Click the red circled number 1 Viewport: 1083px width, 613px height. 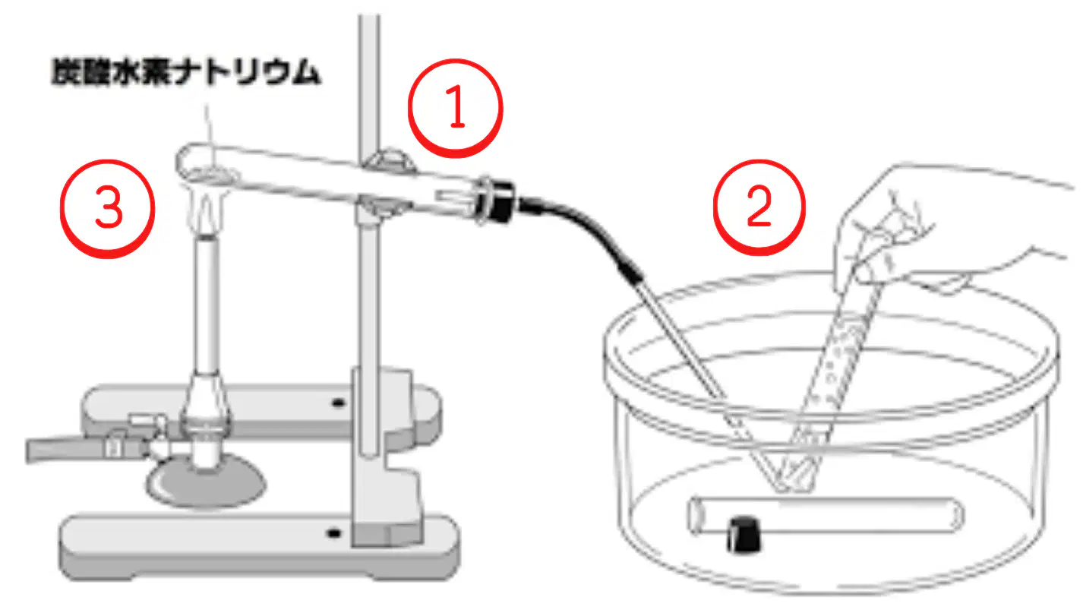click(456, 108)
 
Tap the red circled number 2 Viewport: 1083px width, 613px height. click(759, 207)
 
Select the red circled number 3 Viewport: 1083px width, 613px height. click(107, 208)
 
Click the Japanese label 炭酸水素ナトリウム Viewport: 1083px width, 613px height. click(185, 72)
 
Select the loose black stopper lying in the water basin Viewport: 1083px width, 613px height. click(744, 535)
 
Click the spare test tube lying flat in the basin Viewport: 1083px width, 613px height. click(824, 516)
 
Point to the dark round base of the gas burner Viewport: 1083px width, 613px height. click(206, 481)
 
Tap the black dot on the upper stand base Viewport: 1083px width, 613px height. click(338, 403)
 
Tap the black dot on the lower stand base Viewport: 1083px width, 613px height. click(333, 534)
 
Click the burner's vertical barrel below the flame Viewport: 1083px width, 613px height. click(207, 305)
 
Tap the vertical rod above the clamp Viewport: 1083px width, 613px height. click(368, 82)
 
